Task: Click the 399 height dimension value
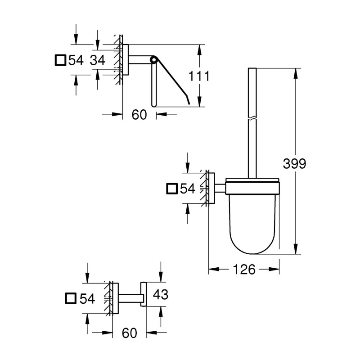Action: pos(294,164)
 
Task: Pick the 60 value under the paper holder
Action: pos(139,115)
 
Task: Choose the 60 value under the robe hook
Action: pos(129,333)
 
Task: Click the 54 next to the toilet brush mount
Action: pos(187,189)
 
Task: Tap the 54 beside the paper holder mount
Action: pos(76,60)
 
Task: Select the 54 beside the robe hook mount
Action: pos(87,298)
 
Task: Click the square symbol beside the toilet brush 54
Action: pos(171,189)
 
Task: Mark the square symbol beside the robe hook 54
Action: pos(71,298)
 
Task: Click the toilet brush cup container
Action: pos(252,216)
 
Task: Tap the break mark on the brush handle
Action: pos(252,118)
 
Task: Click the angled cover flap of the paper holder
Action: pos(173,81)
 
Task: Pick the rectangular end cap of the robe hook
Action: pos(144,295)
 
